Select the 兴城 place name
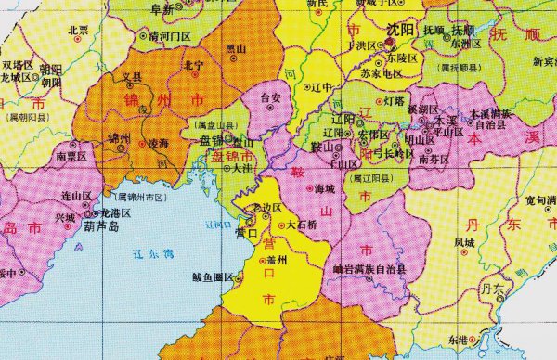(x=64, y=217)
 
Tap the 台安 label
(x=270, y=96)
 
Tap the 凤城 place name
(x=464, y=242)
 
